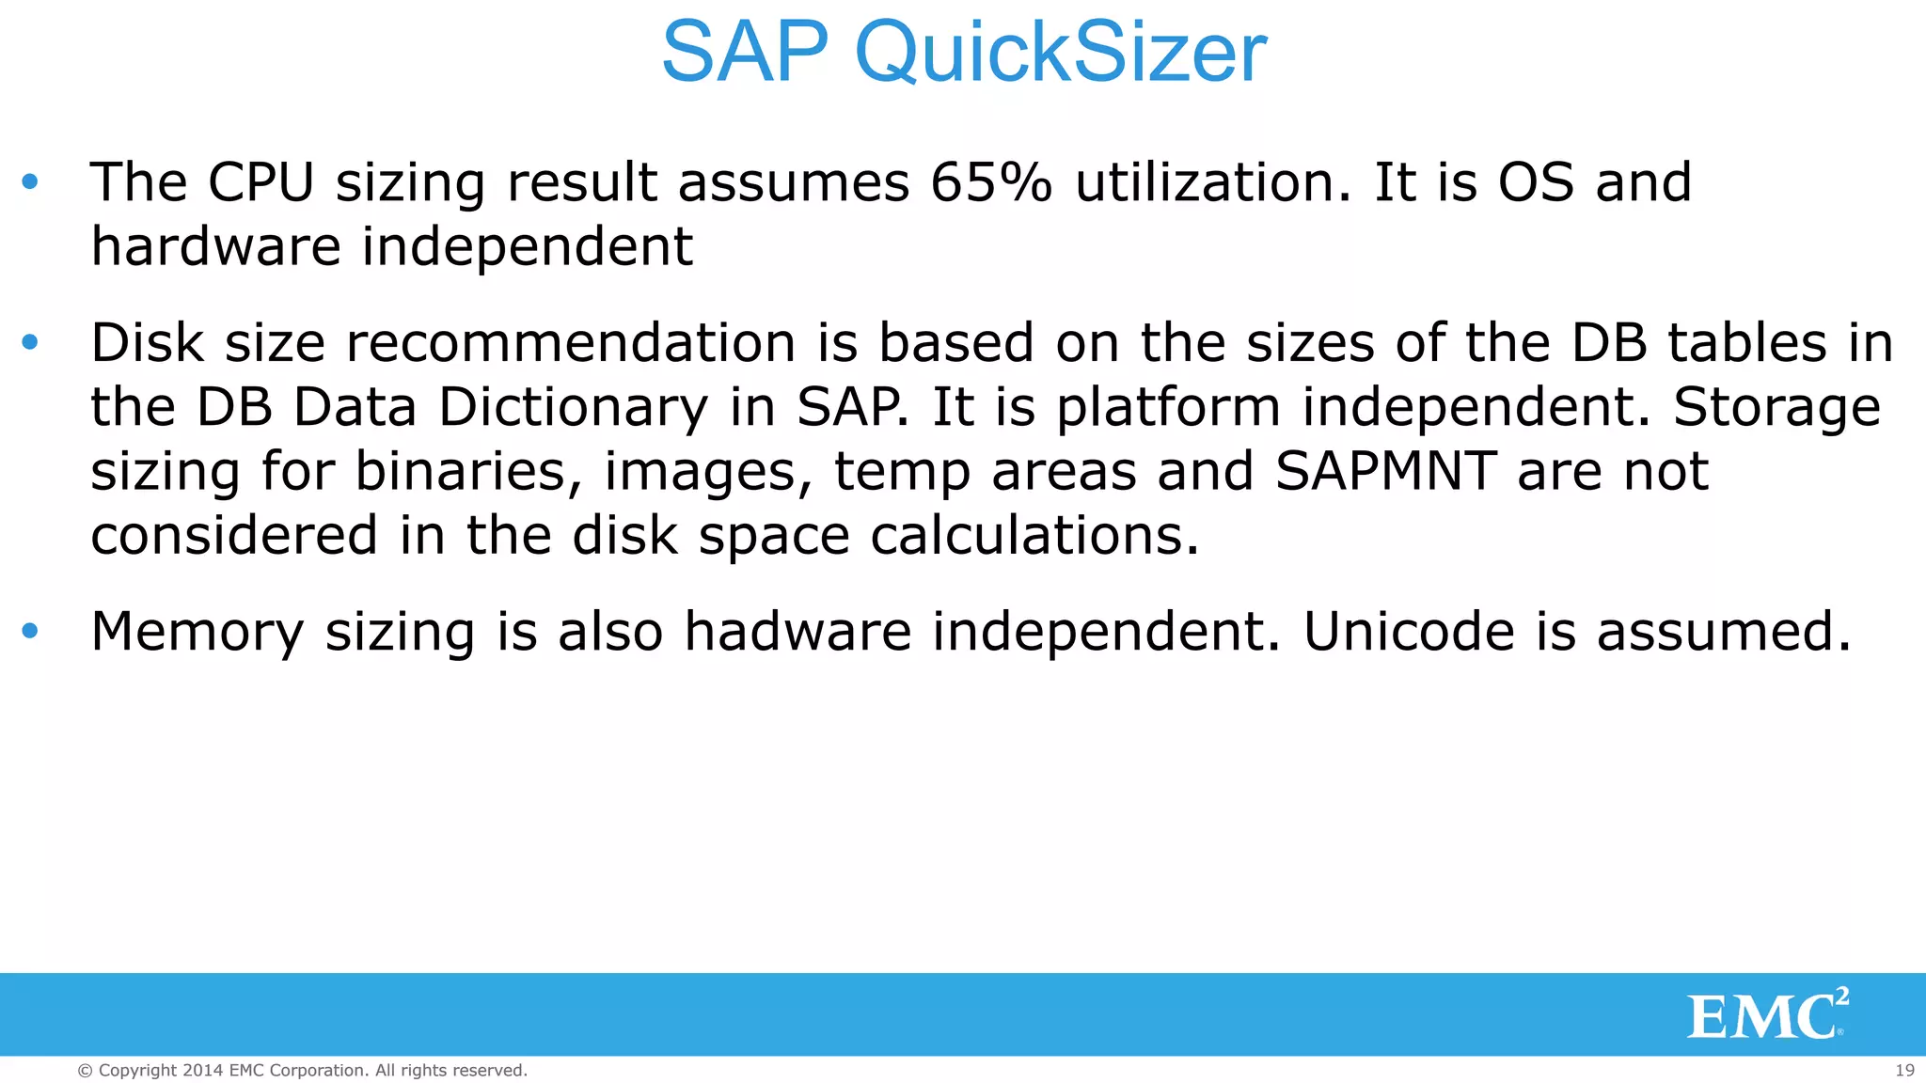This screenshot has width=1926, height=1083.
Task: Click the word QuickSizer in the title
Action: tap(1060, 53)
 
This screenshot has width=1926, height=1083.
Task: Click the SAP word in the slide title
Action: tap(745, 53)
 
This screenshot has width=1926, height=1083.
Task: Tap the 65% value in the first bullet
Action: tap(990, 182)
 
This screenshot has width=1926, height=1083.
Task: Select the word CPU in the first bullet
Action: tap(260, 182)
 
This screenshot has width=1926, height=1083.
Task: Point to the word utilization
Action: tap(1212, 182)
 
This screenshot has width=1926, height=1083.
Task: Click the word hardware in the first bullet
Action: tap(215, 246)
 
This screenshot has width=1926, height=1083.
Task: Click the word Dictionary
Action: tap(573, 408)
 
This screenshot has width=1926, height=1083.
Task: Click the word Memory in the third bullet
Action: tap(197, 633)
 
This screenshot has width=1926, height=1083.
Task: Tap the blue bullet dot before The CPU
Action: tap(30, 182)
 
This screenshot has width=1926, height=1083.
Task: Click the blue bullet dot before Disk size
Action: tap(30, 342)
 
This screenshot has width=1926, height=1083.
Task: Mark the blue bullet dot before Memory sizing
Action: tap(30, 631)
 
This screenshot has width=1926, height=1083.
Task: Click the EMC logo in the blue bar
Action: tap(1766, 1014)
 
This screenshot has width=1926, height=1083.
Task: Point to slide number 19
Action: tap(1904, 1070)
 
